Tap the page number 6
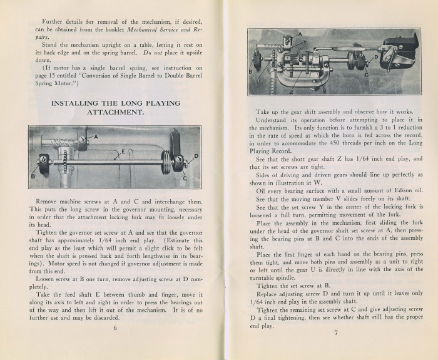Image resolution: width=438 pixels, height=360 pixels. (x=115, y=344)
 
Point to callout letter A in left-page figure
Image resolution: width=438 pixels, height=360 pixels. (x=96, y=136)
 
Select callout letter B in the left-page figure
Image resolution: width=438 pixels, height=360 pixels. (x=34, y=177)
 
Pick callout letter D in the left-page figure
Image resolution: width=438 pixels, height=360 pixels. (x=196, y=156)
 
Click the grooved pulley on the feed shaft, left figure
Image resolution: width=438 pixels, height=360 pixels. (x=166, y=168)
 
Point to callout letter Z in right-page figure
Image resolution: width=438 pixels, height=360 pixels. (x=292, y=90)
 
